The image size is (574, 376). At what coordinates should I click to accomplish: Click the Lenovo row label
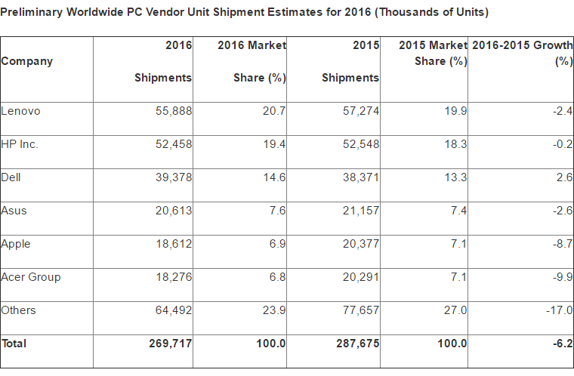[x=20, y=111]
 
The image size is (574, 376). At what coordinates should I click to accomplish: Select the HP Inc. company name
[x=20, y=144]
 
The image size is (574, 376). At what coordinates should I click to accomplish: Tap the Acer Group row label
[x=31, y=277]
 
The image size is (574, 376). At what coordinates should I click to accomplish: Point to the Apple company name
[x=16, y=244]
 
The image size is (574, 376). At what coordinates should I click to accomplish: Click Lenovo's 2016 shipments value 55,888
[x=174, y=111]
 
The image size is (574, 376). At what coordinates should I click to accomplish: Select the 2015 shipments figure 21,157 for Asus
[x=361, y=211]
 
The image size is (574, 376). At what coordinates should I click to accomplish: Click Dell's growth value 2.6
[x=563, y=177]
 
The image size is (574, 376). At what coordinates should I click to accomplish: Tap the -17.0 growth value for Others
[x=559, y=310]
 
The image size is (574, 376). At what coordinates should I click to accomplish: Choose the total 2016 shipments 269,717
[x=171, y=344]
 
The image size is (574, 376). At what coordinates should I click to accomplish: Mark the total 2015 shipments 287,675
[x=358, y=344]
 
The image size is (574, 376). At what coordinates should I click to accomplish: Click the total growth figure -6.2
[x=561, y=344]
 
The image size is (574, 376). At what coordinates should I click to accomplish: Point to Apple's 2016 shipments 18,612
[x=174, y=244]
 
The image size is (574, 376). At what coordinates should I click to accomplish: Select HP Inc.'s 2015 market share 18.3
[x=455, y=144]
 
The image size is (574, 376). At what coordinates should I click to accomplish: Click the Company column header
[x=27, y=61]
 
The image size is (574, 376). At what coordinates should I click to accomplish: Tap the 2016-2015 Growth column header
[x=522, y=45]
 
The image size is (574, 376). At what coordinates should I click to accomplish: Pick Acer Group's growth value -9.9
[x=561, y=277]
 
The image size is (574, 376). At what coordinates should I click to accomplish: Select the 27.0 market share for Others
[x=455, y=310]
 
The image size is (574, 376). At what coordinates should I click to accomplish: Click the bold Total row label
[x=14, y=344]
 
